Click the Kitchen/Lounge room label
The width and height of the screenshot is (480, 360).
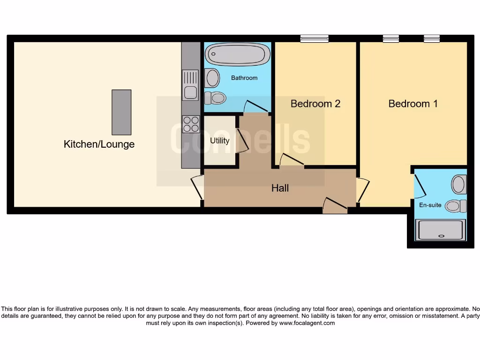pos(99,144)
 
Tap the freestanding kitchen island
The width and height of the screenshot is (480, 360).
pos(121,112)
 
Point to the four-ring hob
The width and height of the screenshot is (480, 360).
pos(191,124)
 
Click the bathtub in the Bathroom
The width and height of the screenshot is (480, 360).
pos(237,54)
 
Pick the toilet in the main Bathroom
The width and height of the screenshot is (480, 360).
pos(215,98)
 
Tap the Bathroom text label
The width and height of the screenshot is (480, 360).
pos(244,78)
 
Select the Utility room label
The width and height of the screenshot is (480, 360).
pos(219,141)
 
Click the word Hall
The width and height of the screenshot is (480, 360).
pos(280,188)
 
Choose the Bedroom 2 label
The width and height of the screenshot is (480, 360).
pos(315,104)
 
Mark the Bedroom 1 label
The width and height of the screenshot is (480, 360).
pos(413,104)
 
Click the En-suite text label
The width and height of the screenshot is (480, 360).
pos(430,205)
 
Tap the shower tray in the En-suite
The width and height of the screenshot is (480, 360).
pos(441,230)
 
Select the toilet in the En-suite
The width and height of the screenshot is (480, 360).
pos(455,206)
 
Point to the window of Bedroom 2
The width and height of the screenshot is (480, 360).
pos(315,39)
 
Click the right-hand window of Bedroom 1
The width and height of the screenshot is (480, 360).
pos(432,39)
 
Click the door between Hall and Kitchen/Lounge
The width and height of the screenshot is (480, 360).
pos(197,187)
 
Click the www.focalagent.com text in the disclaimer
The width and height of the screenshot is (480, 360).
pos(307,323)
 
